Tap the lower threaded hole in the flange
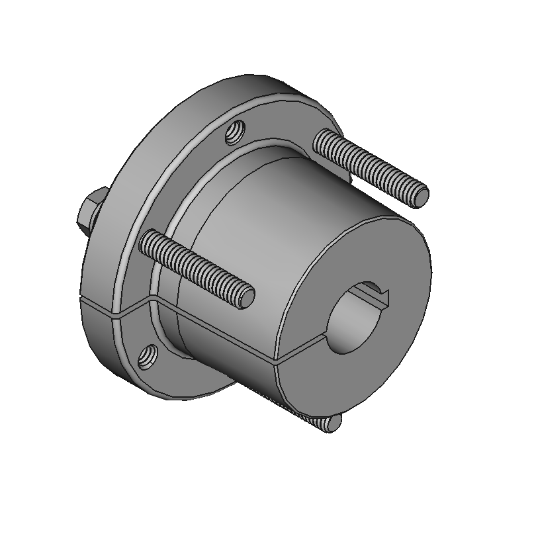(x=148, y=359)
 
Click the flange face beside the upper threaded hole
(x=205, y=152)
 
